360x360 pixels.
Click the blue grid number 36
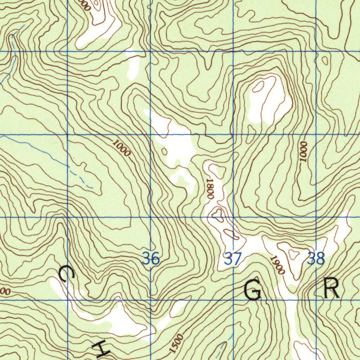pos(151,259)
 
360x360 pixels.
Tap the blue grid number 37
pos(233,259)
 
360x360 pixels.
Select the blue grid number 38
pos(316,259)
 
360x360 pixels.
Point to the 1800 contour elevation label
pos(210,188)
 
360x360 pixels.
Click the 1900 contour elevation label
pos(277,265)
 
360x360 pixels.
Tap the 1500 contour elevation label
pos(176,343)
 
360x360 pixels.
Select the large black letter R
pos(332,289)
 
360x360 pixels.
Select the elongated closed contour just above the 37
pos(232,234)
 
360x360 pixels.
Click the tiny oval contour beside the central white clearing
pos(164,152)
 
